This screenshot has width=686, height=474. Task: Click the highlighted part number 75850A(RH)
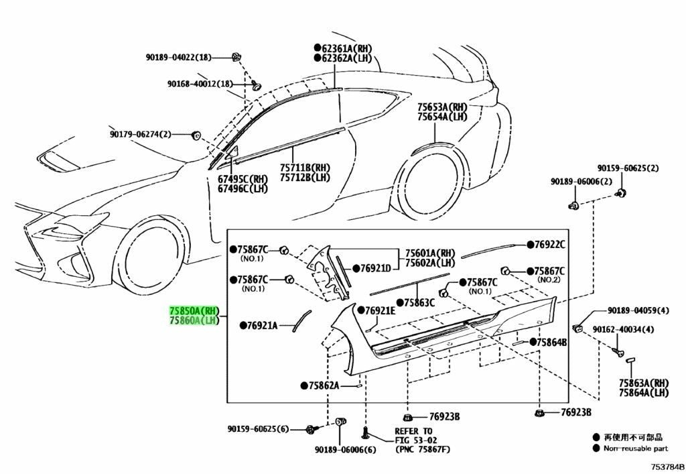(x=194, y=310)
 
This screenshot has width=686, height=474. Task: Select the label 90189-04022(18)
(x=178, y=58)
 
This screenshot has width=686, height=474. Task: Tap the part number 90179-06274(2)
(x=141, y=134)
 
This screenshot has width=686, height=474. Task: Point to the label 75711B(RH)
(x=305, y=168)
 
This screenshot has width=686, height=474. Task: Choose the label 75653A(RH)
(x=442, y=107)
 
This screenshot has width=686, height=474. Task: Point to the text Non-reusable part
(x=636, y=448)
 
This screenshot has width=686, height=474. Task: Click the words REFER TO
(x=413, y=432)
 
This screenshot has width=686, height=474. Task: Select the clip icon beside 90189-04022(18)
(x=237, y=57)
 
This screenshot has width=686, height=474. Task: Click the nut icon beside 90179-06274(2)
(x=196, y=135)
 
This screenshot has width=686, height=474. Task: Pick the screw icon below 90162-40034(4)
(x=618, y=351)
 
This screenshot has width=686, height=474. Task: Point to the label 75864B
(x=548, y=343)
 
